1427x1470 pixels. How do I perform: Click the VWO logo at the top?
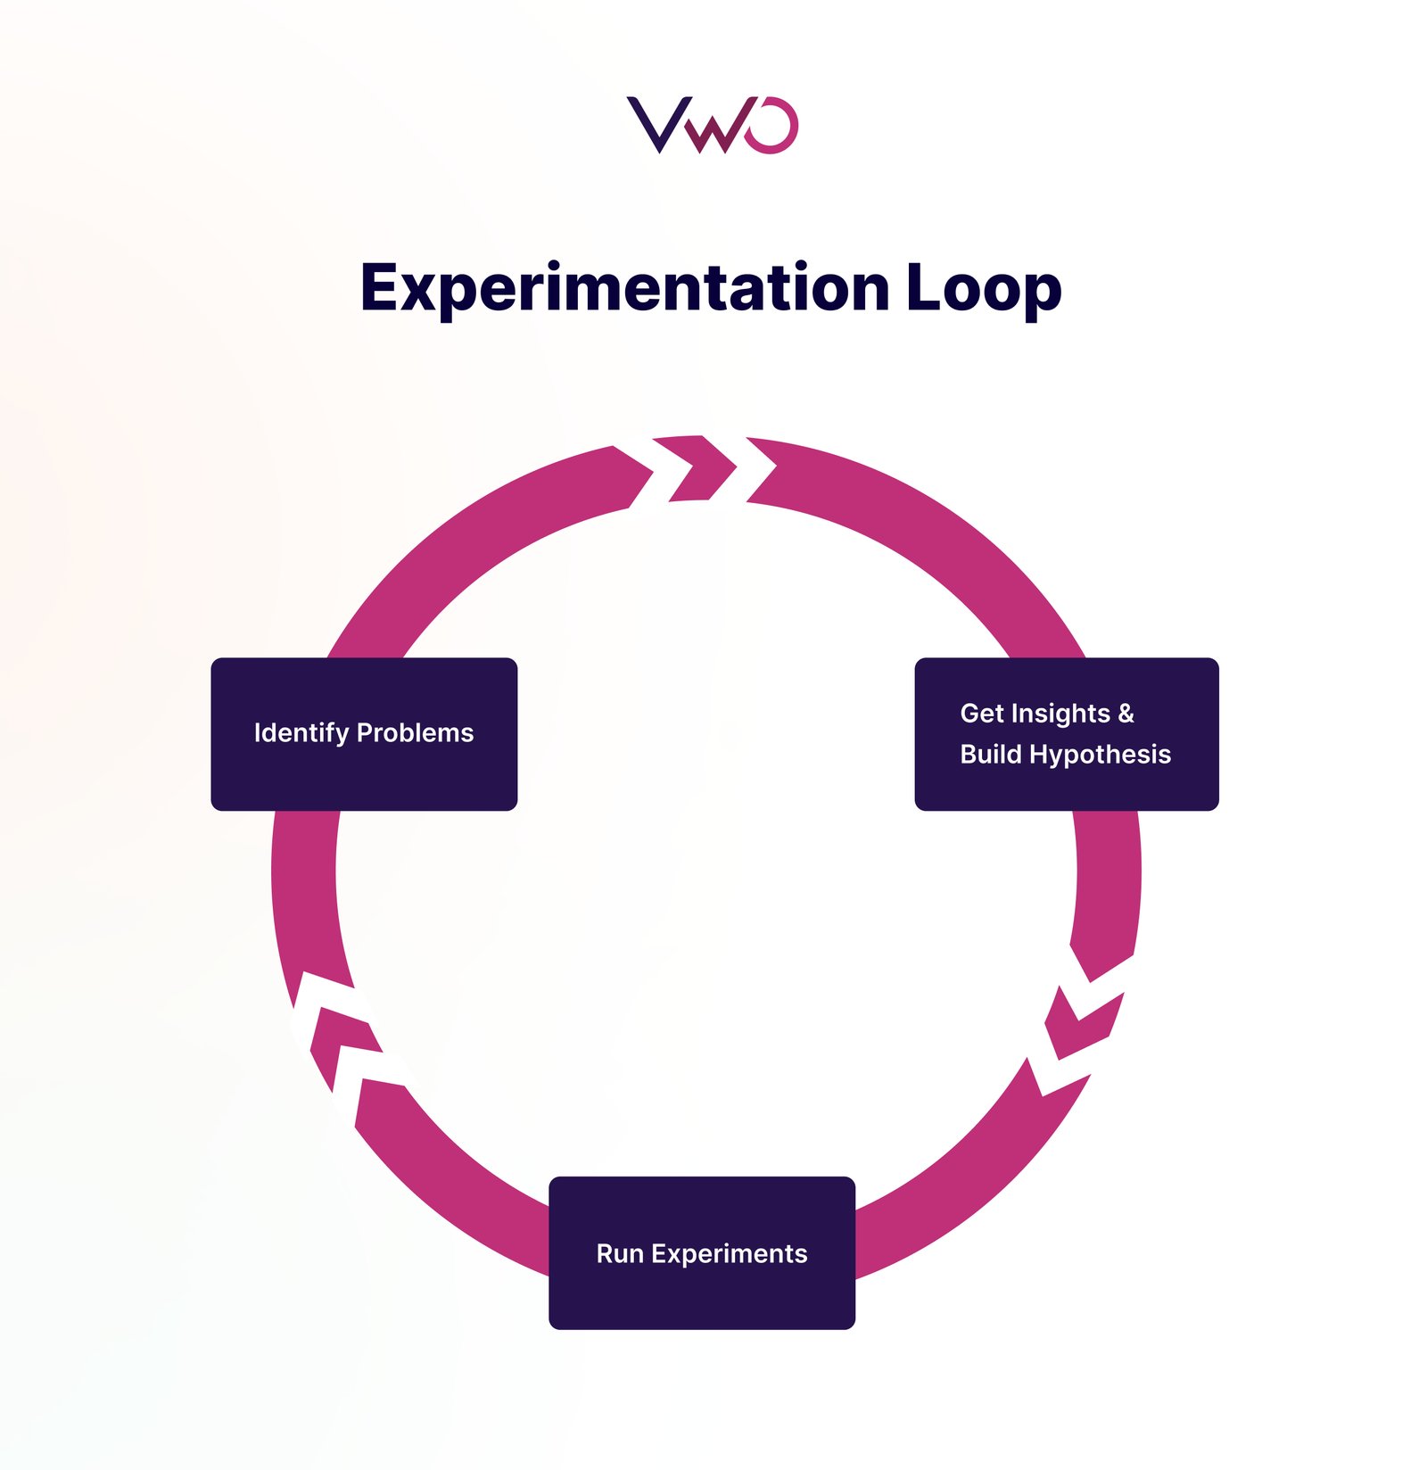[712, 125]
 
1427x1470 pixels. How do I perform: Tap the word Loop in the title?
[983, 288]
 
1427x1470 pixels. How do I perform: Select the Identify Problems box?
[364, 733]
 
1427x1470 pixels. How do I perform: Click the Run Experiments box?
[701, 1252]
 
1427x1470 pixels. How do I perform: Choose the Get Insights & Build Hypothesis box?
[1066, 733]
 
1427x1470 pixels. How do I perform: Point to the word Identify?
[301, 733]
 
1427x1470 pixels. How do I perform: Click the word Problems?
[415, 733]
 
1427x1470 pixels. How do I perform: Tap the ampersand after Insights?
[1126, 713]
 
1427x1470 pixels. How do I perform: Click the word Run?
[619, 1253]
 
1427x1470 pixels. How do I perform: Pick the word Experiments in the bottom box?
[729, 1254]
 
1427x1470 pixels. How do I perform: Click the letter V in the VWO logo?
[658, 125]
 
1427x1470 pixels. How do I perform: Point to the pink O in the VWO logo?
[771, 125]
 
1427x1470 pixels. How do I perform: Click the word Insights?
[1060, 713]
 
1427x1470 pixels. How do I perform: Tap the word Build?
[990, 755]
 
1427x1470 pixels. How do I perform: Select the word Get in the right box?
[981, 713]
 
